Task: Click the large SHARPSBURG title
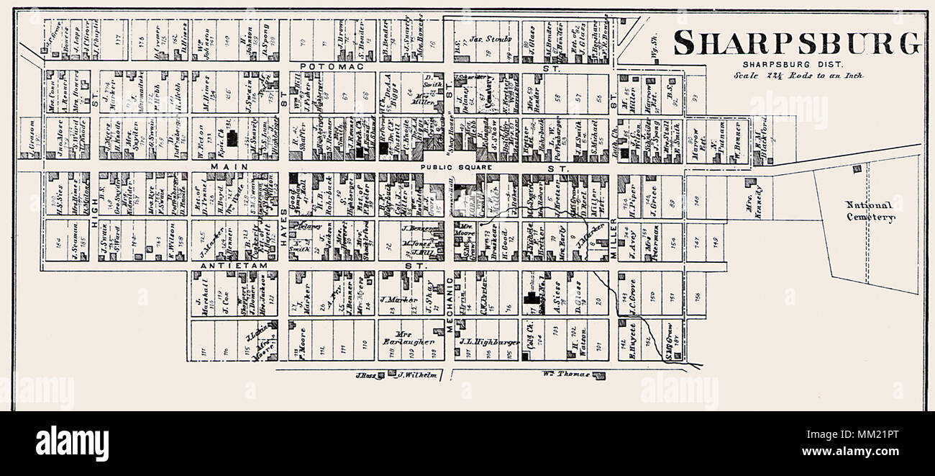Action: click(797, 44)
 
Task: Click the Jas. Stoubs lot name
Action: click(491, 39)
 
